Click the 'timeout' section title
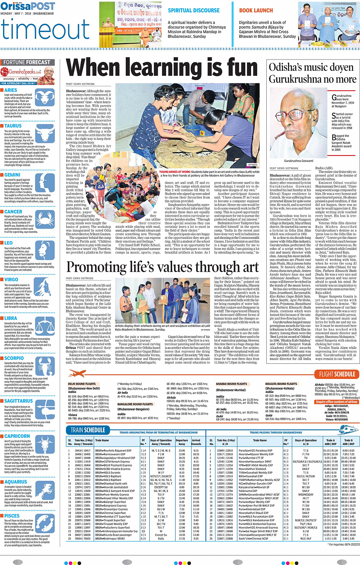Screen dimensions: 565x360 point(45,29)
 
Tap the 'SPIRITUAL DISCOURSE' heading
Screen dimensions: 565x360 point(194,11)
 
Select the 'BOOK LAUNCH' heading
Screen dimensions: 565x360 point(256,11)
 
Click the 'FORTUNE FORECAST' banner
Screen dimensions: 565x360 point(27,62)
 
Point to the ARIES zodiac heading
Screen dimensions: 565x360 point(11,90)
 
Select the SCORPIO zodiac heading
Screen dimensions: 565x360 point(14,358)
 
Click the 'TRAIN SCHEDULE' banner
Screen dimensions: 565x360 point(88,430)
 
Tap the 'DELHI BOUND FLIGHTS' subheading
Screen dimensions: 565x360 point(82,384)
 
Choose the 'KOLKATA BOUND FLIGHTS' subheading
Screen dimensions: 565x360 point(281,384)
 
